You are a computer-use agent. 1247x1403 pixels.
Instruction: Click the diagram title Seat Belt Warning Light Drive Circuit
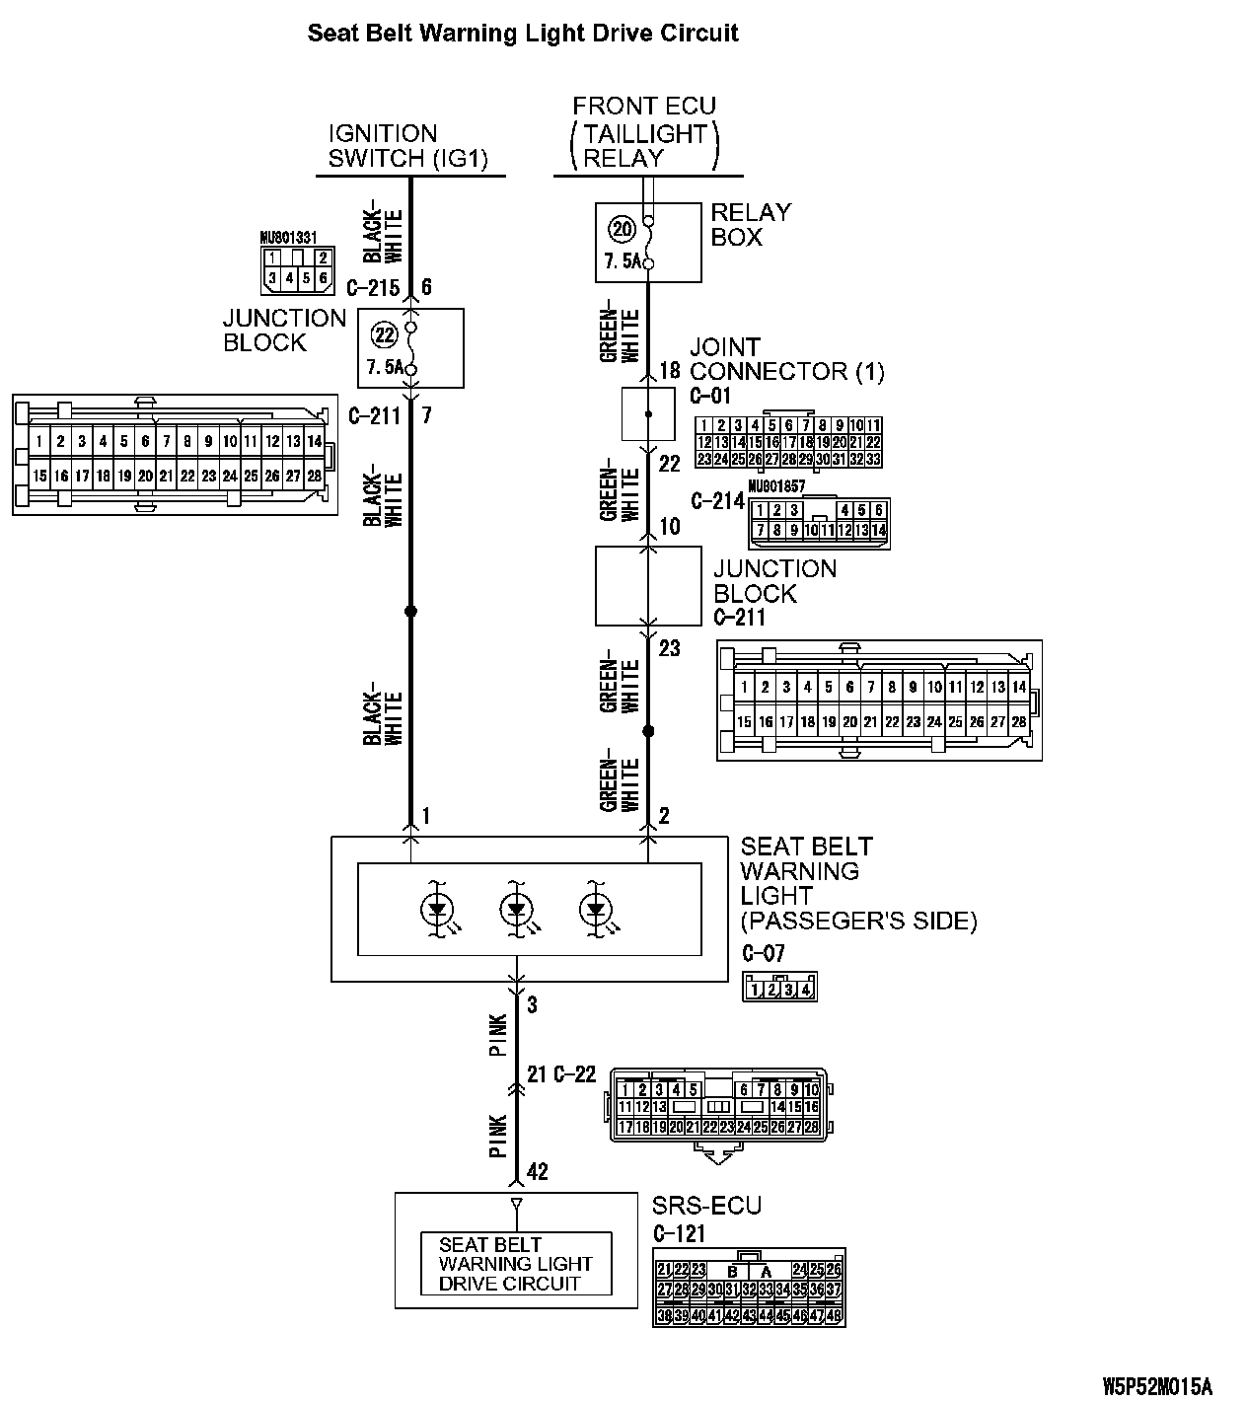(523, 34)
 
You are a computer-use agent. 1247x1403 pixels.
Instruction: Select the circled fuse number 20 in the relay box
(622, 230)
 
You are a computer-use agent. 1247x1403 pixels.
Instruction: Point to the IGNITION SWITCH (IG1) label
(408, 146)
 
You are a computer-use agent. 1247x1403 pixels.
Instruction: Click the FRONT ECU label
(644, 106)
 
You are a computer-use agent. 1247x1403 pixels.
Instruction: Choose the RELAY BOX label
(751, 224)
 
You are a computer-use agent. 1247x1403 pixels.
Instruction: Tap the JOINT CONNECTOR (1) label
(786, 359)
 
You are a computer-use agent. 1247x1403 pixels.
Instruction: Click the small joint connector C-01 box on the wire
(648, 413)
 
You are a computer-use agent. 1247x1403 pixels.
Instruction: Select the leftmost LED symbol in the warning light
(436, 910)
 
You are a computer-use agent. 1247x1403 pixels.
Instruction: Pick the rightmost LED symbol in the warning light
(595, 910)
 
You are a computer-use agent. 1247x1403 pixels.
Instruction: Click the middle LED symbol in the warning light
(515, 910)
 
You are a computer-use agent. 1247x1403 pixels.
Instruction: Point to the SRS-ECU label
(706, 1206)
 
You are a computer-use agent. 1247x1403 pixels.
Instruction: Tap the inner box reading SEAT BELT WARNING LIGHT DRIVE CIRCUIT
(516, 1264)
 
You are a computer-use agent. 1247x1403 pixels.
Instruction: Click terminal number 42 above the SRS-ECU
(537, 1172)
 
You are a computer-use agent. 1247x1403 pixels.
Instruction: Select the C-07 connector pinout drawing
(779, 988)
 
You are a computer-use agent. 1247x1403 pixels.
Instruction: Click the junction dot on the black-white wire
(411, 612)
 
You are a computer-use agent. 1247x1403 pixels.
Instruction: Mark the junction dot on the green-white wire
(648, 731)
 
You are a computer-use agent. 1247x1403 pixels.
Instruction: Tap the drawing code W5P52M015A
(1156, 1386)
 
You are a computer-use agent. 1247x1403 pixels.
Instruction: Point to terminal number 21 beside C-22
(537, 1074)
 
